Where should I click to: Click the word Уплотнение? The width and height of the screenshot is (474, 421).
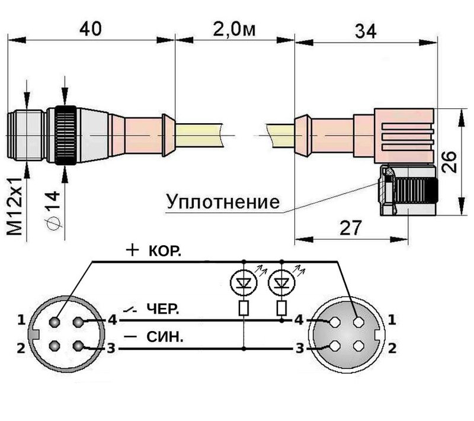coord(223,202)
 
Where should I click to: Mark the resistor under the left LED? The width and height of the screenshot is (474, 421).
coord(244,307)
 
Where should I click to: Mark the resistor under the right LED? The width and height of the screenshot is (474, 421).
coord(282,307)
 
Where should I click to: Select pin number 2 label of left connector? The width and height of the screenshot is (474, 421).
coord(21,348)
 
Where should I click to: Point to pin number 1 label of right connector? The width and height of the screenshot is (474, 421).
coord(392,320)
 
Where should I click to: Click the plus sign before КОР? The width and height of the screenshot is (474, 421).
coord(132,250)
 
